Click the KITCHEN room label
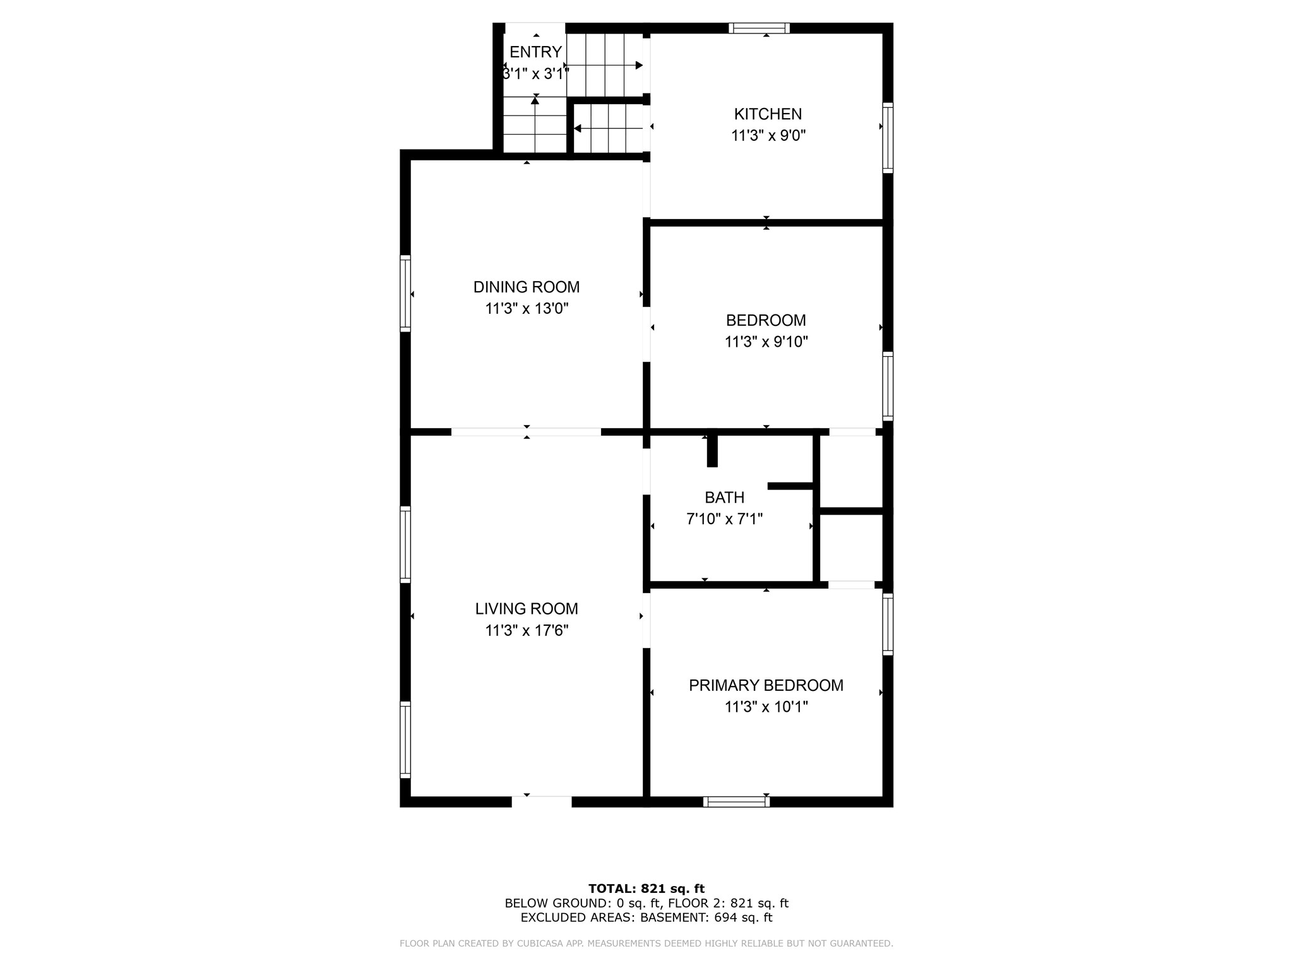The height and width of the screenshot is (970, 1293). click(x=768, y=114)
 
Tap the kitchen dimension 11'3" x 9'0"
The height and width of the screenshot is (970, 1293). click(x=768, y=136)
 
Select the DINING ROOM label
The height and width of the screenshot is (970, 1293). click(x=527, y=287)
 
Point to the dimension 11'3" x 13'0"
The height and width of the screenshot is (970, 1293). click(x=527, y=309)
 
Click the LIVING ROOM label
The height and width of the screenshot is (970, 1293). click(x=527, y=609)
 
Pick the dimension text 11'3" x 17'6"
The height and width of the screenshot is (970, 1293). click(x=527, y=630)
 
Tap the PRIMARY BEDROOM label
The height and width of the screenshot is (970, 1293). click(x=766, y=685)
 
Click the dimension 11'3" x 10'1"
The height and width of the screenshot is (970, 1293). click(x=766, y=707)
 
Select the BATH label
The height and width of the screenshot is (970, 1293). click(x=724, y=498)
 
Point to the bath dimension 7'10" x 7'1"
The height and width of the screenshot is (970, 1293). click(x=724, y=519)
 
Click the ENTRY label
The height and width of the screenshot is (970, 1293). click(x=535, y=52)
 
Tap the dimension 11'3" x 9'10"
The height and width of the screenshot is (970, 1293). click(x=766, y=342)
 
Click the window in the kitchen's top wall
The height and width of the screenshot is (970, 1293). click(x=759, y=28)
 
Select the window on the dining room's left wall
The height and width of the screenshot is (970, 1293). click(x=405, y=293)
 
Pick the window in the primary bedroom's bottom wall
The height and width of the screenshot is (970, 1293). click(x=736, y=801)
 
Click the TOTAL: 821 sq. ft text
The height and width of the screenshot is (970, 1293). click(x=646, y=889)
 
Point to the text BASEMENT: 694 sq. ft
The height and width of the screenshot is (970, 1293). click(x=706, y=918)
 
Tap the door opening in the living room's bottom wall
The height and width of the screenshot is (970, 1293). click(x=541, y=801)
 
